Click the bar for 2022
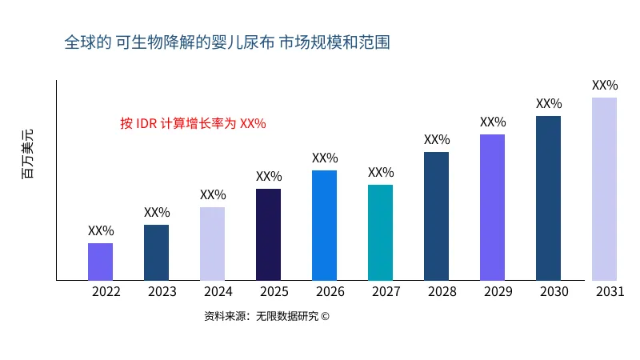tap(100, 262)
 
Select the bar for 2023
tap(156, 253)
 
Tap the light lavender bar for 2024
tap(212, 244)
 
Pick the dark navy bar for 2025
tap(268, 234)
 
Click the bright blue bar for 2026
tap(324, 226)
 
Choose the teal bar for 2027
tap(380, 233)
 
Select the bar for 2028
tap(436, 216)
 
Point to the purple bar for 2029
tap(492, 207)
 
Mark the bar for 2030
tap(548, 198)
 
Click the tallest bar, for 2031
tap(604, 189)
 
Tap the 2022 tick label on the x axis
tap(106, 292)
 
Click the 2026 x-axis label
tap(330, 292)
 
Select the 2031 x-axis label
tap(610, 292)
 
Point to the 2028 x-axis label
tap(442, 292)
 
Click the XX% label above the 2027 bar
tap(381, 173)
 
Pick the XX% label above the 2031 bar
tap(605, 86)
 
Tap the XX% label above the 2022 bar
tap(101, 231)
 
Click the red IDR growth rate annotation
tap(193, 124)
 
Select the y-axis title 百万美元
tap(28, 153)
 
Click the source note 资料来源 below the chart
tap(266, 316)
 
